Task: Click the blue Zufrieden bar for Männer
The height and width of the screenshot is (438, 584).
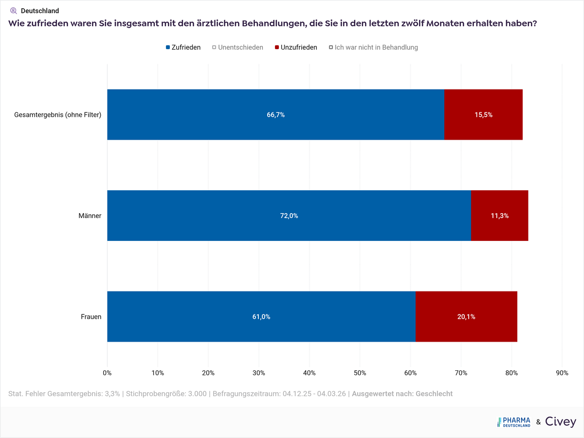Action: [x=289, y=216]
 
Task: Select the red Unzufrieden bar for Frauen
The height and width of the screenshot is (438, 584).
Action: [x=466, y=317]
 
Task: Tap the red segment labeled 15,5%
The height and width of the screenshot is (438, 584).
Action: [x=483, y=115]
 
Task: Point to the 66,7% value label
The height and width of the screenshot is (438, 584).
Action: [x=275, y=115]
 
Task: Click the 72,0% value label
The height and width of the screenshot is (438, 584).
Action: [x=289, y=216]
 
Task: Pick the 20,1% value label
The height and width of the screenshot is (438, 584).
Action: [x=466, y=317]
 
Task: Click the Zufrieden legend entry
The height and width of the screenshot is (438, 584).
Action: [x=183, y=47]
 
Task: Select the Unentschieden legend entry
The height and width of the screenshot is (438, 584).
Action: [x=238, y=47]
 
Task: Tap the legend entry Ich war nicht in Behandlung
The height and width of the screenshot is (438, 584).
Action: [x=373, y=47]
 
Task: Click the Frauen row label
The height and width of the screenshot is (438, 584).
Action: [x=91, y=317]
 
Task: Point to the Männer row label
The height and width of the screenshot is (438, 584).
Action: [x=90, y=216]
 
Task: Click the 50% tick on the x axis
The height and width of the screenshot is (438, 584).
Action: [x=360, y=373]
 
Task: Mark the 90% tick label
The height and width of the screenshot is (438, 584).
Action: [x=562, y=373]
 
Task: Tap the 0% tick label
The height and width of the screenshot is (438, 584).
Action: [x=107, y=373]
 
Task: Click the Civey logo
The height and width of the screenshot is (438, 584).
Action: [x=560, y=422]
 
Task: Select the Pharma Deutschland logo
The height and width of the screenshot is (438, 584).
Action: [x=514, y=422]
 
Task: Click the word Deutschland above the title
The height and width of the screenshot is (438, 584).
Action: [x=40, y=11]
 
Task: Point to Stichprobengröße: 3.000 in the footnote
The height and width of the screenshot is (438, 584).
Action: [x=166, y=394]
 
